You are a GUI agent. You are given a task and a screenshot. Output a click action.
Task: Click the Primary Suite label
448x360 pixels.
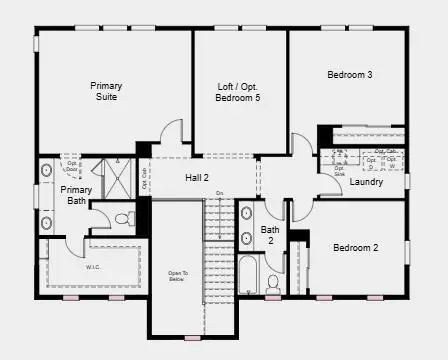pos(105,91)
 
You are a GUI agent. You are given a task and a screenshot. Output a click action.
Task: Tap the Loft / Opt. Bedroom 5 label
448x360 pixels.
pos(239,93)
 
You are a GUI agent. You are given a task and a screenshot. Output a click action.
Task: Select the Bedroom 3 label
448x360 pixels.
pos(349,74)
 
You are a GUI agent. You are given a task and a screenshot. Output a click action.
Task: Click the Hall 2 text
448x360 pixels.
pos(196,177)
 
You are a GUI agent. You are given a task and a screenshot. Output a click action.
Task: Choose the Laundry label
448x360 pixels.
pos(367,181)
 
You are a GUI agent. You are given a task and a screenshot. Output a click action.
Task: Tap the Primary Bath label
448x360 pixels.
pos(75,195)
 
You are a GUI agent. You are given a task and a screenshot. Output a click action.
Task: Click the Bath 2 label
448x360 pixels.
pos(270,235)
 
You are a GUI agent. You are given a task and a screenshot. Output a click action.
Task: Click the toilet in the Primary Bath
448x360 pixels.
pos(123,217)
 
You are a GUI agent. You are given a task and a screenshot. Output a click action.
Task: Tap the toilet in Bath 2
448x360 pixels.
pos(272,282)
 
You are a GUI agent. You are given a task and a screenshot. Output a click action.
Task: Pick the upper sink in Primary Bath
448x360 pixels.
pos(46,170)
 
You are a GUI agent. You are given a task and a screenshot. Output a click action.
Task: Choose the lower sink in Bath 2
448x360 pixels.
pos(246,238)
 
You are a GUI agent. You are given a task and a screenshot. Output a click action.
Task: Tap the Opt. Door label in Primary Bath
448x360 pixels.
pos(72,165)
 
